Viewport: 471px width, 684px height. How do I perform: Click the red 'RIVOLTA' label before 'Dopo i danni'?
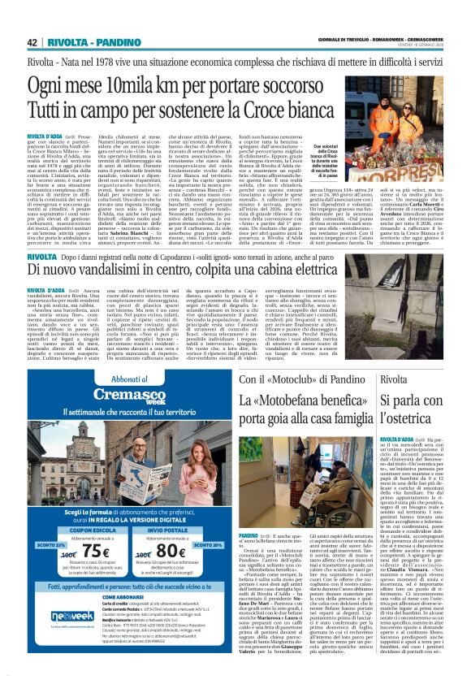tap(41, 256)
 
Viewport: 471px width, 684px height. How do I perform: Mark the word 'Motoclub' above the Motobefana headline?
tap(299, 379)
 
